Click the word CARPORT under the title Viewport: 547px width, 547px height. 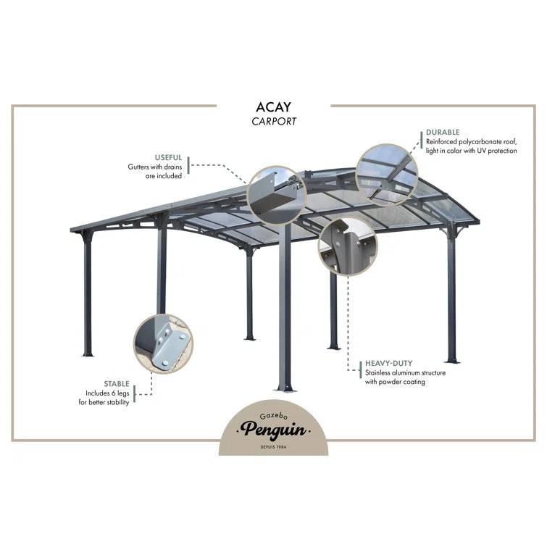274,122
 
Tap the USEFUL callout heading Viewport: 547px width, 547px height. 168,157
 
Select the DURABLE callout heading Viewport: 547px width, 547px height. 443,133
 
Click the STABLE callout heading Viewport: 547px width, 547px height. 116,383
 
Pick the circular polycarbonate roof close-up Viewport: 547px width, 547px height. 388,174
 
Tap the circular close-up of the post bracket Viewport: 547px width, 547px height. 348,246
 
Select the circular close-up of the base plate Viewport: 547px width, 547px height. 164,344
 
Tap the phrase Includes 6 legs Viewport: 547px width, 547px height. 107,393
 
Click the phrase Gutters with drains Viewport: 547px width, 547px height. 154,167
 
